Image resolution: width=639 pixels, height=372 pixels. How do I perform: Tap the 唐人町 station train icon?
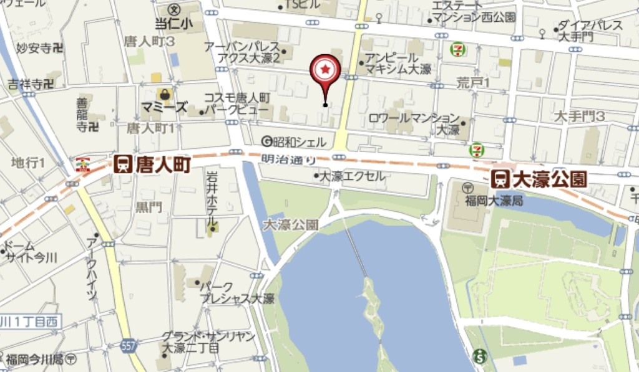[122, 164]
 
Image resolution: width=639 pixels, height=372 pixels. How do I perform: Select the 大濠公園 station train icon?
[500, 179]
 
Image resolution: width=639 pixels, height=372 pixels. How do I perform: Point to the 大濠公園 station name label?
[549, 179]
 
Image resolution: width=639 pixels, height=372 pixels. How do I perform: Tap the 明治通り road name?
[288, 160]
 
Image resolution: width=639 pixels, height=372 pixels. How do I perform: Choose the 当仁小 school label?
[174, 22]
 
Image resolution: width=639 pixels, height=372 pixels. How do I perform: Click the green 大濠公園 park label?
[291, 224]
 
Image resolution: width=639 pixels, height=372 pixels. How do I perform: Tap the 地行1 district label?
[28, 163]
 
